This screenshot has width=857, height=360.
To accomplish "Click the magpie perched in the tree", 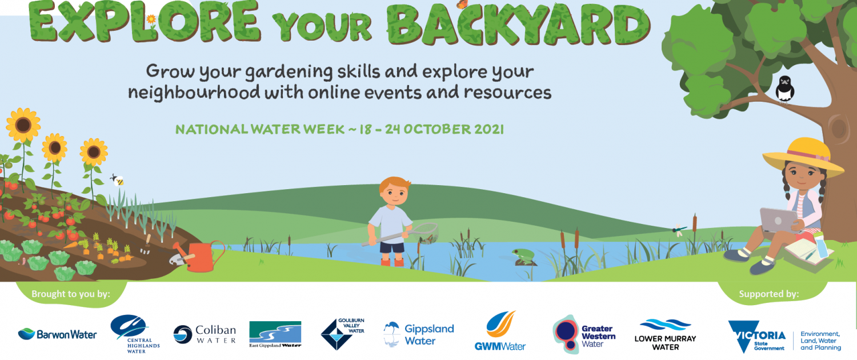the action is click(x=784, y=89).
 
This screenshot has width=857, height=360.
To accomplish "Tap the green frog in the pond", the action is click(x=524, y=255).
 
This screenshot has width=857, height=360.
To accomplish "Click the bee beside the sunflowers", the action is click(x=118, y=180).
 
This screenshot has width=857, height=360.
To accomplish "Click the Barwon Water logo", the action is click(x=57, y=334).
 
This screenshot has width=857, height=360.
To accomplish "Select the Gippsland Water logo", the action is click(x=419, y=334).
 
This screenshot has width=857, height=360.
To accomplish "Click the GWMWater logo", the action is click(x=500, y=331).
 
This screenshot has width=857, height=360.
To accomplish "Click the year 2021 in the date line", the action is click(x=489, y=129).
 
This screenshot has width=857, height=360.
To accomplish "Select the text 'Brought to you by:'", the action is click(x=71, y=294).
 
